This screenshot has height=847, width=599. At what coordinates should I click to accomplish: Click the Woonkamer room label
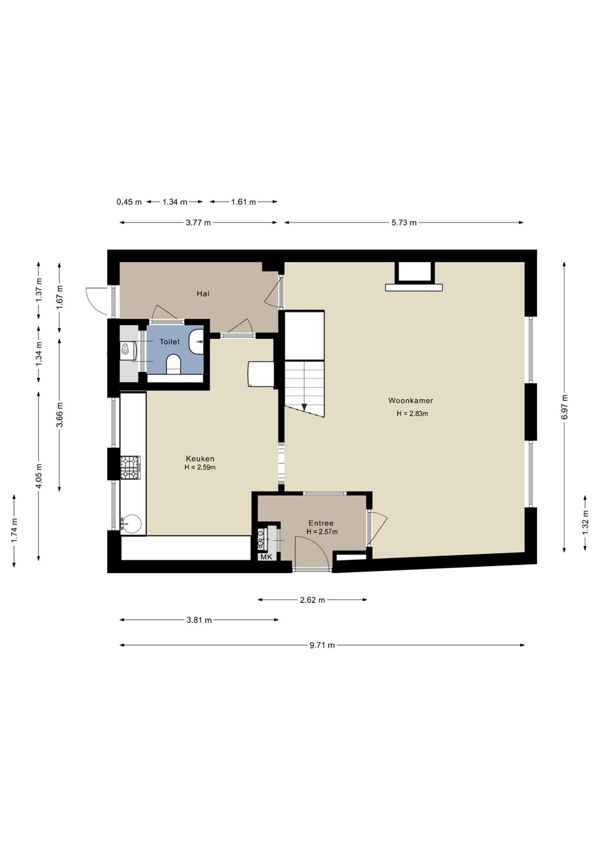pos(411,401)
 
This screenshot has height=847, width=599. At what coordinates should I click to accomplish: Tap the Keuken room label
pos(200,459)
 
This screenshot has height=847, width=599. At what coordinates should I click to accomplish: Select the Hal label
pos(203,294)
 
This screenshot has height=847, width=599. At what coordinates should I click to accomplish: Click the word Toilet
pos(169,342)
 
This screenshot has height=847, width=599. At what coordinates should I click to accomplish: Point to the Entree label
pos(321,523)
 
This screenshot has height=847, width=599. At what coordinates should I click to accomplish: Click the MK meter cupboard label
pos(266,558)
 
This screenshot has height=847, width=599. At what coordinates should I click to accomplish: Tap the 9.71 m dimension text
pos(322,645)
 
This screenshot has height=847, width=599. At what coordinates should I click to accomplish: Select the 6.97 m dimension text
pos(565,406)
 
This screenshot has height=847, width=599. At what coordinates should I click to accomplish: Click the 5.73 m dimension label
pos(404,223)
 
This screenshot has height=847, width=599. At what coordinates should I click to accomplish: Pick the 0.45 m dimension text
pos(129,202)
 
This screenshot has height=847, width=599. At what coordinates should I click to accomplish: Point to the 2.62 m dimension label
pos(312,600)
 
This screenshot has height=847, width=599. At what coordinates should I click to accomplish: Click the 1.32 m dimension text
pos(586,522)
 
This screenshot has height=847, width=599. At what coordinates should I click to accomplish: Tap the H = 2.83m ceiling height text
pos(412,414)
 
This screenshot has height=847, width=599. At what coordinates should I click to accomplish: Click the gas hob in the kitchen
pos(130,468)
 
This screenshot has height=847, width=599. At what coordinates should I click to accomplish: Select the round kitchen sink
pos(131,524)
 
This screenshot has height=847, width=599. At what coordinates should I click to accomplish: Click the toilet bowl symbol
pos(174,364)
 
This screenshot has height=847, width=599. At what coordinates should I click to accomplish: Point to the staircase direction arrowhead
pos(304,407)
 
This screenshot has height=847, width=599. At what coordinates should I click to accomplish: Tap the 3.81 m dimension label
pos(199,620)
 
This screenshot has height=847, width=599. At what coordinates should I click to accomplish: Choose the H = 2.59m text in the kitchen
pos(200,468)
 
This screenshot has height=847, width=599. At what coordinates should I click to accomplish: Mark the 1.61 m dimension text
pos(244,202)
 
